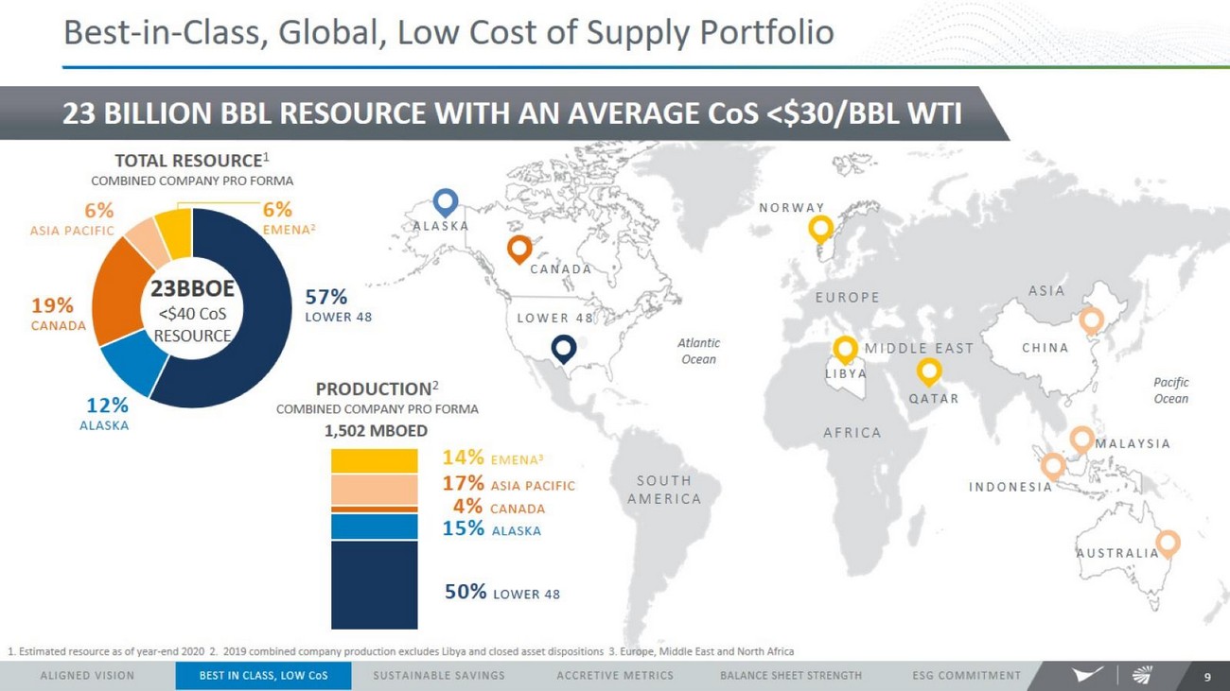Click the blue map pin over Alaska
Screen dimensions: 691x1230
(x=446, y=201)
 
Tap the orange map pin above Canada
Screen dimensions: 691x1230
(x=518, y=249)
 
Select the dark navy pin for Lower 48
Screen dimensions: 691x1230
(x=564, y=348)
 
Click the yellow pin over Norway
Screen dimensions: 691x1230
(x=820, y=227)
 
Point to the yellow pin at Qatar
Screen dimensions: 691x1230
(x=929, y=371)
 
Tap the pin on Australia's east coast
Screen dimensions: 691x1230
(x=1168, y=543)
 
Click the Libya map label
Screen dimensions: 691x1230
(x=845, y=373)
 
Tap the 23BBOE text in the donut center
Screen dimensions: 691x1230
(x=193, y=288)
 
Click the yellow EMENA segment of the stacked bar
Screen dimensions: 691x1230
(x=374, y=460)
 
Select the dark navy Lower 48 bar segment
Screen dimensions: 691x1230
(x=374, y=584)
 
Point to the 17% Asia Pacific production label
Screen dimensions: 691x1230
(x=509, y=484)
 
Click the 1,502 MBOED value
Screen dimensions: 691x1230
(x=376, y=431)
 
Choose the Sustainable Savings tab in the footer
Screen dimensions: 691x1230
(x=439, y=676)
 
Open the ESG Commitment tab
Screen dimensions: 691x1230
(x=966, y=676)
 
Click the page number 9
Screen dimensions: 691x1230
(x=1207, y=677)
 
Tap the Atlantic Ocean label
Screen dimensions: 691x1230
(x=698, y=351)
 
